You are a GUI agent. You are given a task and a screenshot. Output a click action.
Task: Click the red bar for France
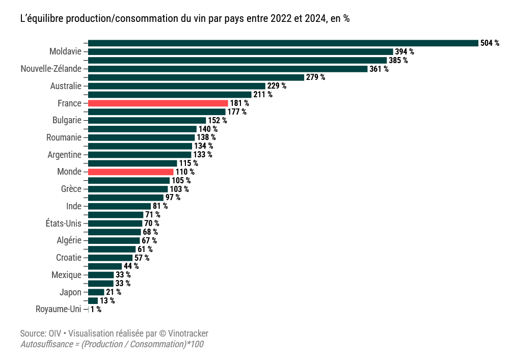[158, 103]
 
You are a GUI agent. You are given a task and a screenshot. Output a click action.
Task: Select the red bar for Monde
[131, 172]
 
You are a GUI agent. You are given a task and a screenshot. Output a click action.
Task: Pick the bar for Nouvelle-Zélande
[228, 69]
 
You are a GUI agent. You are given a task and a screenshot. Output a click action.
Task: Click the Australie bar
[177, 86]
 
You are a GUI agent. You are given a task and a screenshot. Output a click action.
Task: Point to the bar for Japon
[96, 292]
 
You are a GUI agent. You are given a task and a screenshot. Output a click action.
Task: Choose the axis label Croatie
[68, 258]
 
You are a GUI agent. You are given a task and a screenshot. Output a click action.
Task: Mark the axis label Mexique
[66, 275]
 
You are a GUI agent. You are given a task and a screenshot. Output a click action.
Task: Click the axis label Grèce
[71, 189]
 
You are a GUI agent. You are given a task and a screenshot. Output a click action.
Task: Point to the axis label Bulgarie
[67, 121]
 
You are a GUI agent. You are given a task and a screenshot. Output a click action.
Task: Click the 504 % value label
[490, 43]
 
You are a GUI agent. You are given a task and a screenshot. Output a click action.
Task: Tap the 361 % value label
[378, 69]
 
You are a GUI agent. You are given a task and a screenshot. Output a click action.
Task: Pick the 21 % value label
[113, 292]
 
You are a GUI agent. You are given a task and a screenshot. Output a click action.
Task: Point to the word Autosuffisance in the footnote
[44, 345]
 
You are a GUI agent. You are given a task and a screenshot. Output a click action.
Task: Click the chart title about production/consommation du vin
[184, 18]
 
